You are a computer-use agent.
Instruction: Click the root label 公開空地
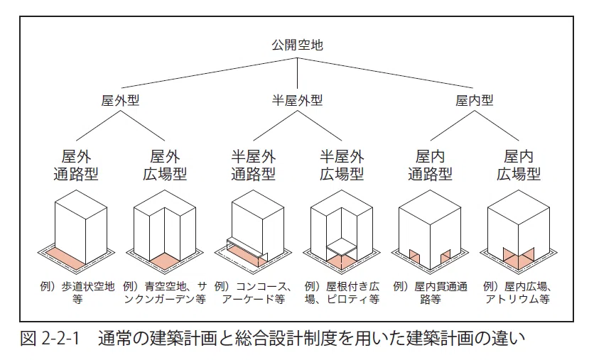click(x=297, y=45)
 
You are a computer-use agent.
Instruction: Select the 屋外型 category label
click(x=120, y=101)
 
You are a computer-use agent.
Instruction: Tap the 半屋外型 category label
click(x=297, y=101)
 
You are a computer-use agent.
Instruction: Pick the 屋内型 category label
click(x=474, y=101)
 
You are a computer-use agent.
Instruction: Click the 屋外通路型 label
click(x=76, y=165)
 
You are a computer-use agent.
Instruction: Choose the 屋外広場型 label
click(x=165, y=165)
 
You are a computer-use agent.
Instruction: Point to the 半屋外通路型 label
click(x=253, y=165)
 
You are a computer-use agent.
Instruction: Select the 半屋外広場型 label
click(x=342, y=165)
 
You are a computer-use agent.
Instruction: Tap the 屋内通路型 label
click(x=430, y=165)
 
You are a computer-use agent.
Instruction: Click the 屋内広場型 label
click(x=519, y=165)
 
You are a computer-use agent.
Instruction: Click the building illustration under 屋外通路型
click(x=76, y=231)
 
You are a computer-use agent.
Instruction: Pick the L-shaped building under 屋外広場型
click(x=165, y=231)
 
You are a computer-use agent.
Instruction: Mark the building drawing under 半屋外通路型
click(x=253, y=231)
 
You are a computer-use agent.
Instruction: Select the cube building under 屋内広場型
click(x=519, y=231)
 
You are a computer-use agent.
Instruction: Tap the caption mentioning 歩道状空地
click(x=77, y=293)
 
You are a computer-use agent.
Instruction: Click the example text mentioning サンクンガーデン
click(x=165, y=293)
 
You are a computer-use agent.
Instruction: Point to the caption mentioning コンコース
click(x=253, y=293)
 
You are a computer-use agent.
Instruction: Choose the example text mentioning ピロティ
click(x=342, y=293)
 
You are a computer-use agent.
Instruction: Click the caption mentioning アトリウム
click(x=518, y=293)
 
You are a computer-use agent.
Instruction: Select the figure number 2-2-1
click(x=60, y=339)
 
